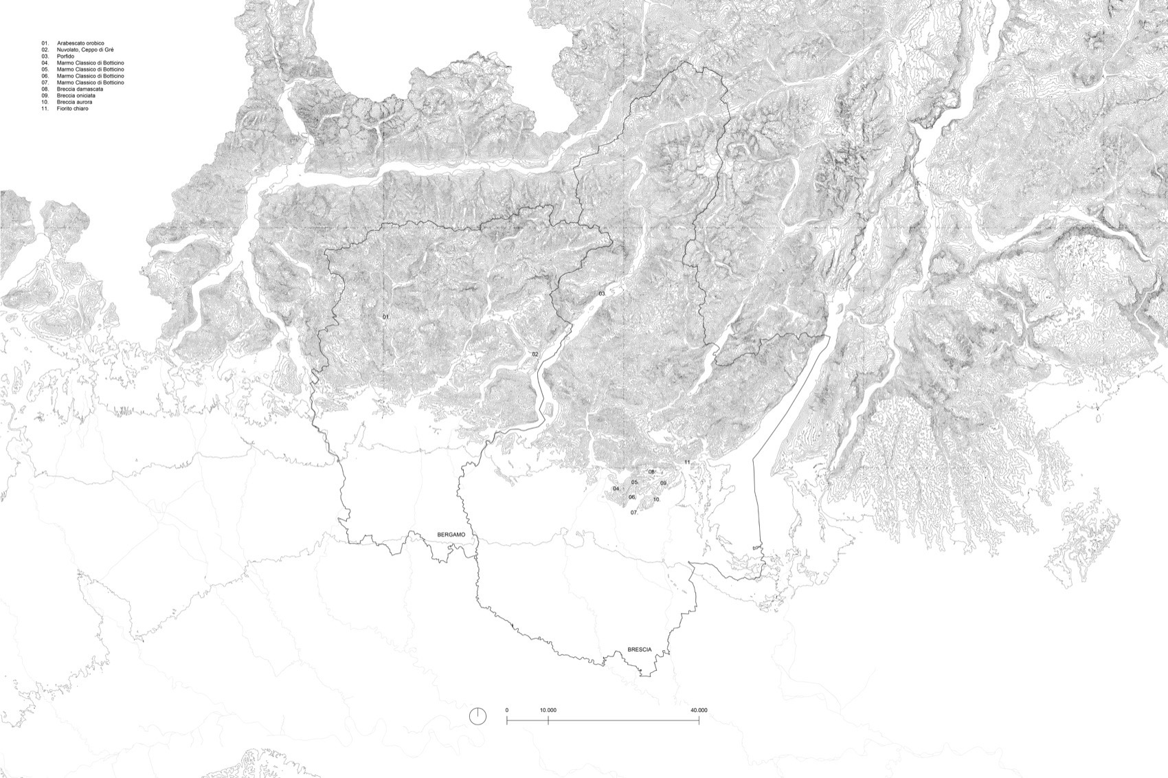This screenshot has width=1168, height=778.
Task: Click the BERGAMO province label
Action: pos(451,534)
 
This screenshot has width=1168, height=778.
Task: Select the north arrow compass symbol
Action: pos(478,715)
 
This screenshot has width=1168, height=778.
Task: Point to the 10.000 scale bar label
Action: pos(548,710)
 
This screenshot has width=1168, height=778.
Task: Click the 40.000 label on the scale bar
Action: pos(698,710)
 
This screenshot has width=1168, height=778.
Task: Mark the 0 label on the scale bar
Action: pos(507,710)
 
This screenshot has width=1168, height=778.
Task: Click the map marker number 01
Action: pos(386,317)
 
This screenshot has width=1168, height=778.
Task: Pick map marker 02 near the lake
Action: pos(535,354)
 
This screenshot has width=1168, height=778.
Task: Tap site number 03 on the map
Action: pos(602,294)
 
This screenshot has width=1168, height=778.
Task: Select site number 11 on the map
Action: pos(687,463)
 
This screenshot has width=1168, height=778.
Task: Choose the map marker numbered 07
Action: pos(634,513)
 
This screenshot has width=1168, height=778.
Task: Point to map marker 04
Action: pos(616,489)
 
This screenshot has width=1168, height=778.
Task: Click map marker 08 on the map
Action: pos(651,472)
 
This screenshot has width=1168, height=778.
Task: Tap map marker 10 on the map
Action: pos(657,500)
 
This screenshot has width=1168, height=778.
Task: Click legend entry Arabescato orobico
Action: pos(80,43)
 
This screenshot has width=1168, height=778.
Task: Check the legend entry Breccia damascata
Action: pos(80,89)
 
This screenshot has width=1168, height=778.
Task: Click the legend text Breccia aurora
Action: pos(74,102)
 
